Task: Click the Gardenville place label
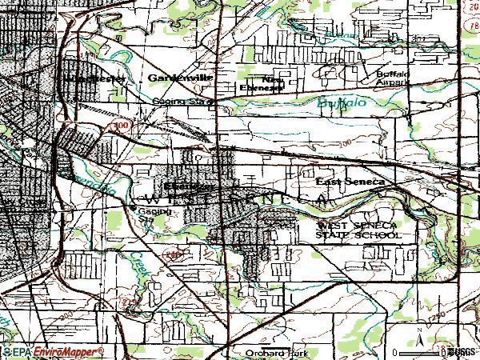[x=174, y=77]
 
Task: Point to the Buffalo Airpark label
[x=393, y=77]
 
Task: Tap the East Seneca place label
[x=350, y=183]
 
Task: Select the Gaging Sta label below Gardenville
[x=182, y=102]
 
